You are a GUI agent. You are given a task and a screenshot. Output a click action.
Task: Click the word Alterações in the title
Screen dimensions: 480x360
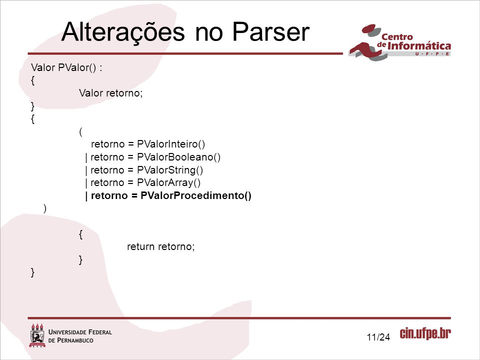pos(123,32)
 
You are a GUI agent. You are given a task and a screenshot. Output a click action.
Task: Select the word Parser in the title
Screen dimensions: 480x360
pos(271,31)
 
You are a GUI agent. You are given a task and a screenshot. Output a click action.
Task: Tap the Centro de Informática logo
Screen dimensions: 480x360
pos(400,42)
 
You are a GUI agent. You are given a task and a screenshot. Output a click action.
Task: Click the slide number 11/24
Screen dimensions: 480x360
pos(378,337)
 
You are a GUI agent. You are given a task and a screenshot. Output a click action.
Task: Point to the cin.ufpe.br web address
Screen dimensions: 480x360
pos(425,333)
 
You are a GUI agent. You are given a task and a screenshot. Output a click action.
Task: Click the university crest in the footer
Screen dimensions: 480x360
pos(37,335)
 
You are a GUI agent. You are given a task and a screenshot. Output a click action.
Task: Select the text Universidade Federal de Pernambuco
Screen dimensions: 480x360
pos(80,336)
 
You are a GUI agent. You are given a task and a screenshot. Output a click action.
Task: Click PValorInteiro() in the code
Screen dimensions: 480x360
pos(171,144)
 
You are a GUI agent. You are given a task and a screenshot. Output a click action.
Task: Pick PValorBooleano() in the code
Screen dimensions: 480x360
pos(179,157)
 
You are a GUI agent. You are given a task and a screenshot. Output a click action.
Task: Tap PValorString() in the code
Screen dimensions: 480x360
pos(170,170)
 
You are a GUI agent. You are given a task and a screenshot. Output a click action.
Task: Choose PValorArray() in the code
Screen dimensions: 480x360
pos(168,183)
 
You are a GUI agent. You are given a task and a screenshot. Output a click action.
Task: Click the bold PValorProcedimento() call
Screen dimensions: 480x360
pos(196,195)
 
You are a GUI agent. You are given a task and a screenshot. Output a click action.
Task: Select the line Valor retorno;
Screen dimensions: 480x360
pos(111,93)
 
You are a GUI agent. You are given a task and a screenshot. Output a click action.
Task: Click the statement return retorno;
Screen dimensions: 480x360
pos(160,246)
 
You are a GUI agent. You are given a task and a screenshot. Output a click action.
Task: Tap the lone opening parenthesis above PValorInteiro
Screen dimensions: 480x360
pos(81,132)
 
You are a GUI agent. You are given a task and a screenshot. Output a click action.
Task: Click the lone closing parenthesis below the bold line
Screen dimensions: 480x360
pos(45,208)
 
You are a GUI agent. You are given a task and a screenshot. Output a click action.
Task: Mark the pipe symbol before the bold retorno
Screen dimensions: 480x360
pos(86,196)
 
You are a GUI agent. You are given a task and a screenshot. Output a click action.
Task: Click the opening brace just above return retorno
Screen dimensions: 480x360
pos(80,234)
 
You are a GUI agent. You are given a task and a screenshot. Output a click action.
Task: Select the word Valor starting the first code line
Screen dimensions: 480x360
pos(43,67)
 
